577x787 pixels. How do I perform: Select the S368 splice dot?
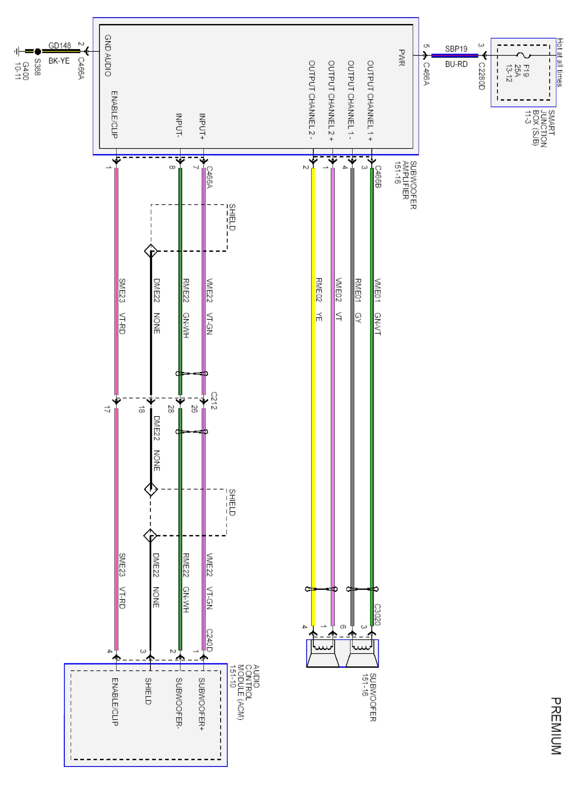pyautogui.click(x=38, y=51)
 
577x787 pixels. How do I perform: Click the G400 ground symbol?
pyautogui.click(x=17, y=51)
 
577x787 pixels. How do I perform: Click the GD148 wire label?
pyautogui.click(x=59, y=45)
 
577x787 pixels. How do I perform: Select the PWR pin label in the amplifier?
pyautogui.click(x=402, y=58)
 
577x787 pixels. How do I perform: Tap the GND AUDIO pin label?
pyautogui.click(x=108, y=56)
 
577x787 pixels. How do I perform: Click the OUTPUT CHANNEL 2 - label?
pyautogui.click(x=312, y=101)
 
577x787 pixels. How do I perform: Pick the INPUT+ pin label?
pyautogui.click(x=202, y=126)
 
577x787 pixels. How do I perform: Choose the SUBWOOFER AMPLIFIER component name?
pyautogui.click(x=405, y=185)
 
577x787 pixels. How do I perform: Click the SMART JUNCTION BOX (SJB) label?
pyautogui.click(x=540, y=128)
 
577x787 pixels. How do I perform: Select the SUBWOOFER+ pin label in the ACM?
pyautogui.click(x=201, y=704)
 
